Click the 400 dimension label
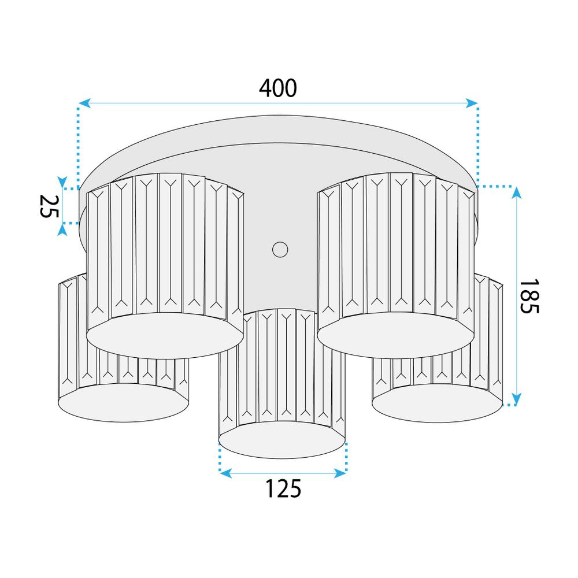pos(278,87)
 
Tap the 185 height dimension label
pos(528,296)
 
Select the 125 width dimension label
pos(283,489)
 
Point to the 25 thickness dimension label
pos(49,206)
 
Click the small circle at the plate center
pos(280,249)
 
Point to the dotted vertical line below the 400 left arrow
pos(78,144)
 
